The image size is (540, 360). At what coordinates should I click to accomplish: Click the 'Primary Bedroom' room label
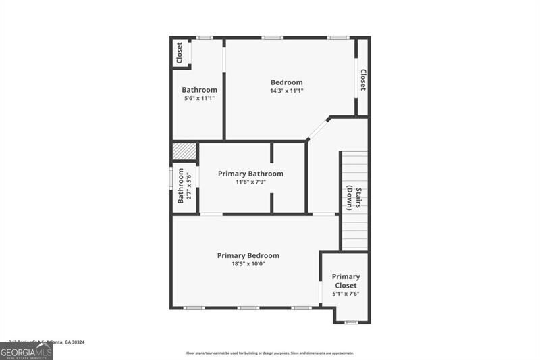point(248,255)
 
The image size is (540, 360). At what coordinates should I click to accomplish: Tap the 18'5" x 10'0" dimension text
point(248,264)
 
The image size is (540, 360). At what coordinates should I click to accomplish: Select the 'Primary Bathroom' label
point(250,174)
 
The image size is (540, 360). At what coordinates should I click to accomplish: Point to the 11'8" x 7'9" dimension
point(250,182)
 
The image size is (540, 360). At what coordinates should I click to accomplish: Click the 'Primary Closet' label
point(346,281)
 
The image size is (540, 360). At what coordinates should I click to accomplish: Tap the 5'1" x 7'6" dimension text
point(346,294)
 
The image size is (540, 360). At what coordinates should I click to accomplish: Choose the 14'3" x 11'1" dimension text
point(286,91)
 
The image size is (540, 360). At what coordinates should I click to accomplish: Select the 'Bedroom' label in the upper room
point(286,82)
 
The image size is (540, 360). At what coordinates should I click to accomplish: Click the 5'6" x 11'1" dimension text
point(199,99)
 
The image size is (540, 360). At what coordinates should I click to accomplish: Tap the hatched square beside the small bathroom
point(184,151)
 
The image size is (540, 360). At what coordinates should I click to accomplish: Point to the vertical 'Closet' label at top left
point(180,53)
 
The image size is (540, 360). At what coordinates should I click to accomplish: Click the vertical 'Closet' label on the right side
point(363,80)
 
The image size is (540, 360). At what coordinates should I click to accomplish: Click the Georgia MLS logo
point(26,351)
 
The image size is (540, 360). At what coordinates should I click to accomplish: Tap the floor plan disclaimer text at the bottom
point(270,353)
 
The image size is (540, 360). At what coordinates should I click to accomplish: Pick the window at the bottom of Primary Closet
point(350,322)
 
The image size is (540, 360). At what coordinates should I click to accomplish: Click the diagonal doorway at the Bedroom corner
point(318,128)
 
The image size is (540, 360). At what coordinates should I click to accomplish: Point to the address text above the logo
point(47,342)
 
